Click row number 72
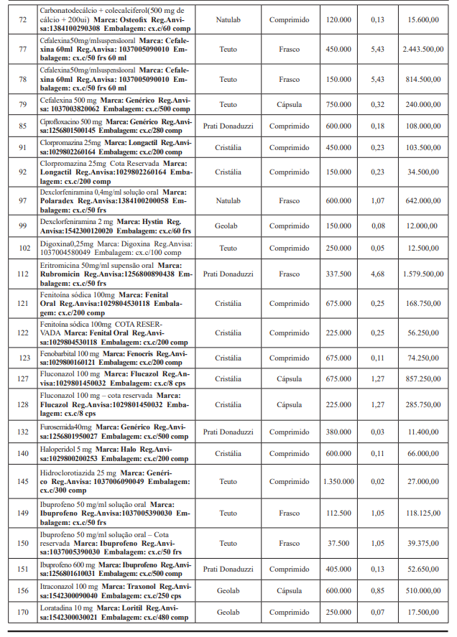pos(22,19)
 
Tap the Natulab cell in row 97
pos(228,201)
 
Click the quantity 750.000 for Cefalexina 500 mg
pos(338,104)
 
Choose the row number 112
pos(22,274)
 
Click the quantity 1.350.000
pos(338,481)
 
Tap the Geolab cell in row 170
pos(228,612)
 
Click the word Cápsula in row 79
pos(290,104)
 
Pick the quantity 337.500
pos(338,274)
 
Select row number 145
pos(22,481)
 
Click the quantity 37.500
pos(338,543)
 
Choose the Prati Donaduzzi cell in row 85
pos(228,126)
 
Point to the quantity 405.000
pos(338,569)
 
